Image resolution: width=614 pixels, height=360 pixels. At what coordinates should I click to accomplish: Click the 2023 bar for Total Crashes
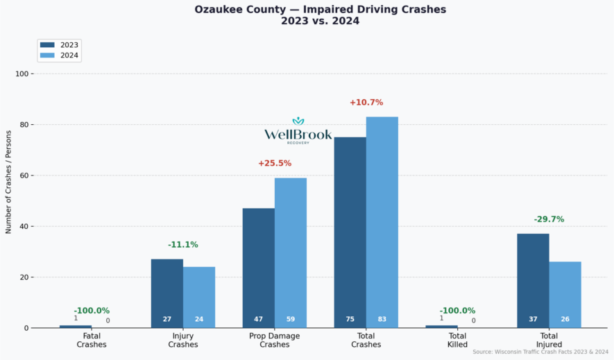[x=350, y=232]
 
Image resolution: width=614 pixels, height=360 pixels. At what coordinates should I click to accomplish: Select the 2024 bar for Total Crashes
[x=382, y=222]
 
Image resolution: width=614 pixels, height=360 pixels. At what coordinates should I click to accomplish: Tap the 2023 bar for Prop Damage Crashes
[x=258, y=268]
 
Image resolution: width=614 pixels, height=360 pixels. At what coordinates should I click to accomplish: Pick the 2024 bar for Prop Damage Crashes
[x=290, y=252]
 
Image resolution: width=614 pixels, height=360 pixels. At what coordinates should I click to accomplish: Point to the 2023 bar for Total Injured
[x=533, y=281]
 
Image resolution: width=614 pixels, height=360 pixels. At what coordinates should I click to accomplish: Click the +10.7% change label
[x=366, y=103]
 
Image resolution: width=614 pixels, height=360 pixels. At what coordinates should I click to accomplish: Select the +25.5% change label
[x=275, y=164]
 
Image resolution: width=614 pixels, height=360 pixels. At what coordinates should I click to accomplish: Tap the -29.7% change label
[x=549, y=219]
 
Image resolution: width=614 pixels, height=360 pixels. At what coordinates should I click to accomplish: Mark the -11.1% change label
[x=183, y=245]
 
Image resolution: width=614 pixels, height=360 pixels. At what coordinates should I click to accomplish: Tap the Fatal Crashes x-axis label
[x=92, y=340]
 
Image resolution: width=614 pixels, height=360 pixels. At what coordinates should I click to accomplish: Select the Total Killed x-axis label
[x=457, y=340]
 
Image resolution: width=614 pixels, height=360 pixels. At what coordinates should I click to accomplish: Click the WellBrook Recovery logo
[x=298, y=131]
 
